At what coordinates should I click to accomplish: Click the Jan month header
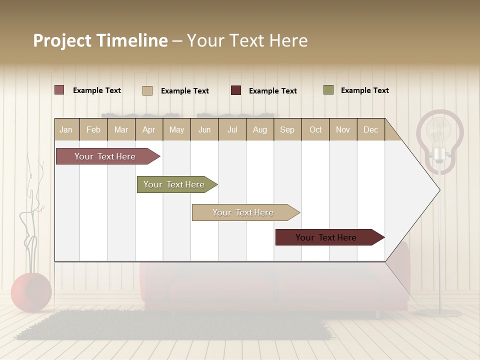66,129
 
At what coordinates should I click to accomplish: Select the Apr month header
148,129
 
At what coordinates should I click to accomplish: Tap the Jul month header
232,129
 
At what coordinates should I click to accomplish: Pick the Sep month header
287,129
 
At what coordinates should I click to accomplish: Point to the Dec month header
370,129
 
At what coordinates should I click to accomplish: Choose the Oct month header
315,129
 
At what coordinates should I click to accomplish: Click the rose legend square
59,90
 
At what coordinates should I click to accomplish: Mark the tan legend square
147,90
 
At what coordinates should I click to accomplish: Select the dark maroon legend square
236,90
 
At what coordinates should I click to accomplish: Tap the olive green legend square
328,90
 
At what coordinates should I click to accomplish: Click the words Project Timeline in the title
100,40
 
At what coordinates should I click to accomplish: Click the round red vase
31,292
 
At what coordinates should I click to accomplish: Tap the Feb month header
93,129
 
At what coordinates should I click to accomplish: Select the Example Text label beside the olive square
364,90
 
